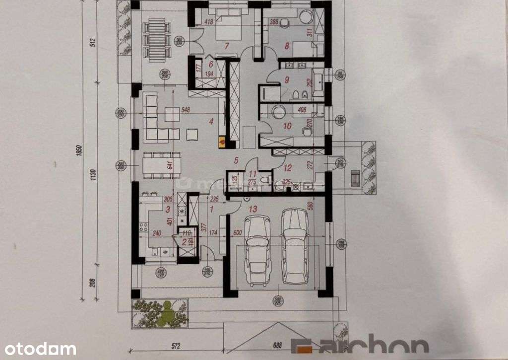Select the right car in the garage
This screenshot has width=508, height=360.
[x=295, y=246]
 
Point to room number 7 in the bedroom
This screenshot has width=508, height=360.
[x=226, y=47]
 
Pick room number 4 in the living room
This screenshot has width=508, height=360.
[x=211, y=120]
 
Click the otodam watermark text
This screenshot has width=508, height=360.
[x=38, y=349]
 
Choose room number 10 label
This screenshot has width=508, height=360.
[x=287, y=126]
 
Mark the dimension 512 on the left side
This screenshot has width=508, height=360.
[x=92, y=42]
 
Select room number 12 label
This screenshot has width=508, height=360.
[x=287, y=168]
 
